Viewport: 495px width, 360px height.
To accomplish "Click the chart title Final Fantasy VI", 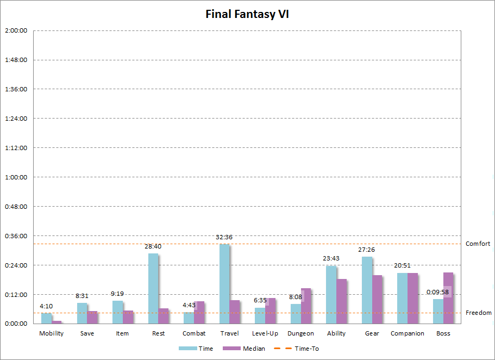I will tap(247, 14).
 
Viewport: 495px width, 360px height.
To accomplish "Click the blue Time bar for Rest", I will tap(153, 288).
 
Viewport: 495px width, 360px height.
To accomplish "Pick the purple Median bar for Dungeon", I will tap(306, 306).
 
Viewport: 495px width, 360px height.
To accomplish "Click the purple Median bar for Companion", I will tap(412, 298).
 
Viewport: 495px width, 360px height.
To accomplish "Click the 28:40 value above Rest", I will tap(153, 246).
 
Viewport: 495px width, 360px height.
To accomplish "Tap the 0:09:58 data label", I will tap(437, 292).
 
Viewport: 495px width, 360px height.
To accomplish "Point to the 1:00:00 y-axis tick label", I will tap(16, 177).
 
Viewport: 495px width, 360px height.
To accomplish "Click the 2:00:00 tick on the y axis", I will tap(16, 30).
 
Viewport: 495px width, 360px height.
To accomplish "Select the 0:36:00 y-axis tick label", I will tap(16, 235).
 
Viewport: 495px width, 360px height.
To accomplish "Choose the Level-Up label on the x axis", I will tap(265, 333).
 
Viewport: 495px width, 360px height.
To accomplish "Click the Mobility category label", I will tap(52, 333).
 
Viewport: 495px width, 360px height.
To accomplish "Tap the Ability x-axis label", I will tap(336, 333).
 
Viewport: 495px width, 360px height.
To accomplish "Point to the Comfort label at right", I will tap(478, 244).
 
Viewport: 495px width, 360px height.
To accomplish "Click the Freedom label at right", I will tap(478, 313).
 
